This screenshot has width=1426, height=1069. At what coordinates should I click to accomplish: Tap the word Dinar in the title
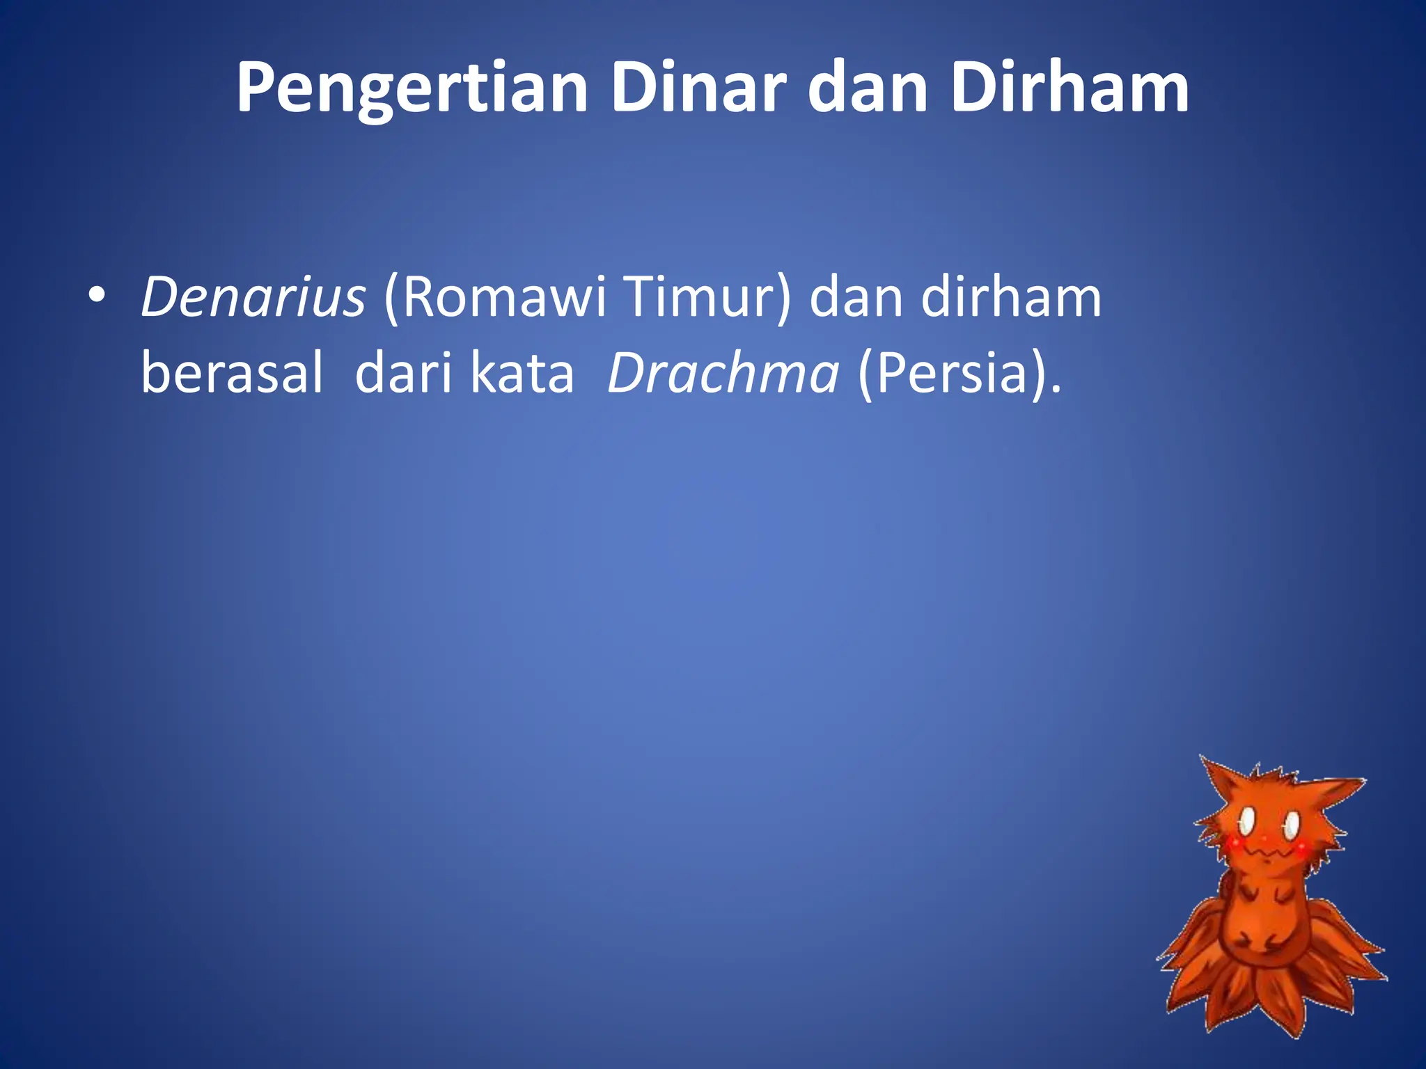[x=698, y=89]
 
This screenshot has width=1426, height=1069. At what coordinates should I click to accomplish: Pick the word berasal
[x=232, y=373]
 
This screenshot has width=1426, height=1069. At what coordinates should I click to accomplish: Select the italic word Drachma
[x=723, y=373]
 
